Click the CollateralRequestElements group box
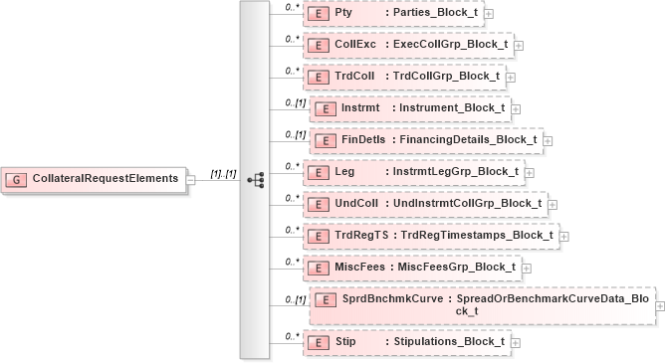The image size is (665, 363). tap(96, 179)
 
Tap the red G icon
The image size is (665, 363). tap(17, 179)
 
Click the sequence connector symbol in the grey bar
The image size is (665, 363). tap(255, 180)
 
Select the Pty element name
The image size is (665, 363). tap(344, 14)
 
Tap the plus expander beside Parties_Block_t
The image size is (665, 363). tap(489, 15)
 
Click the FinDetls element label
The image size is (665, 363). tap(363, 140)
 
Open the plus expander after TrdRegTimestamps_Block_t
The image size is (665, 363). tap(563, 237)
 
